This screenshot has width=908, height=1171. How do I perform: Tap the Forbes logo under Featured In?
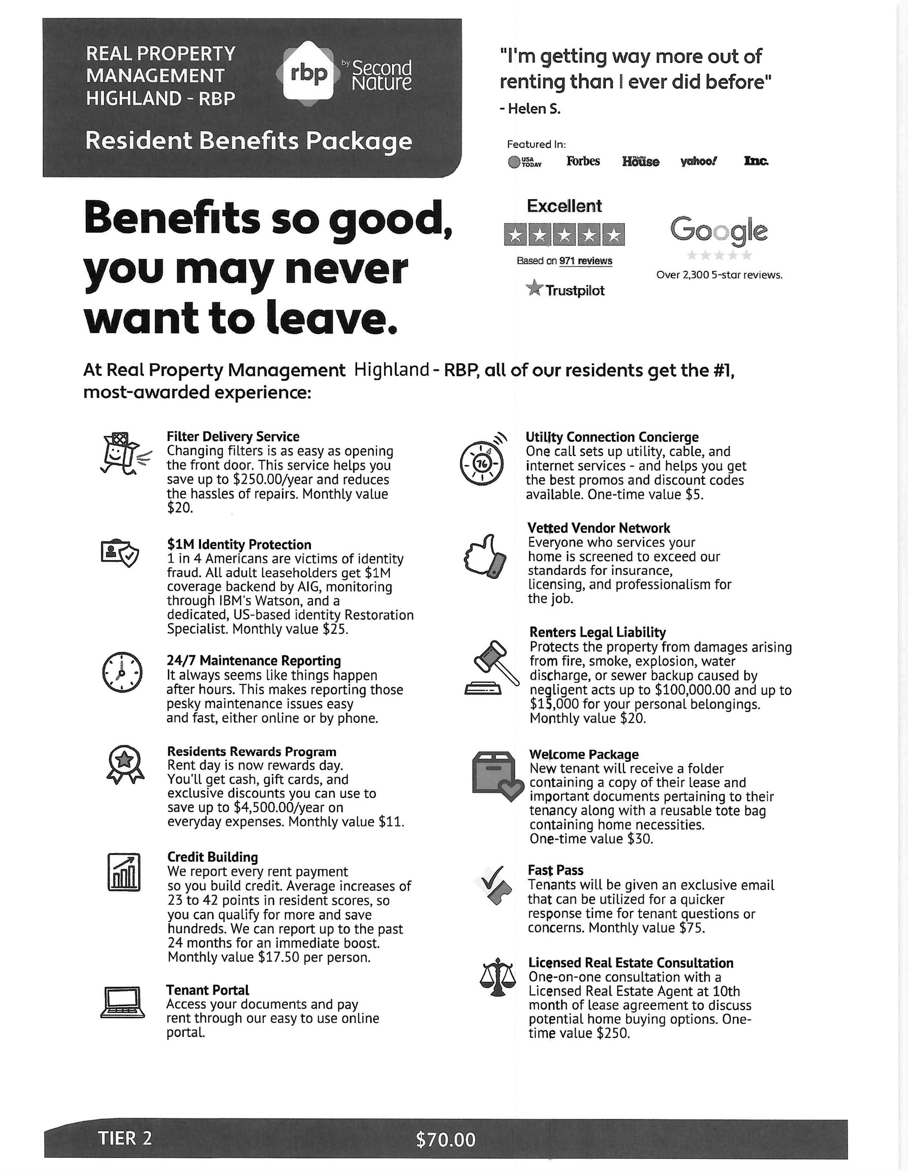coord(583,161)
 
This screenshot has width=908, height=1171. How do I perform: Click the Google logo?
coord(718,231)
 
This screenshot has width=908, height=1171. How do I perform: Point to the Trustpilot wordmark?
coord(574,291)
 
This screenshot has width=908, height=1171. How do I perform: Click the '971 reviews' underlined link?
coord(585,261)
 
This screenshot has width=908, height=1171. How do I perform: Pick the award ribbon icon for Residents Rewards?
coord(125,764)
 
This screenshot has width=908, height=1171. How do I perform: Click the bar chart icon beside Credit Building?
coord(124,872)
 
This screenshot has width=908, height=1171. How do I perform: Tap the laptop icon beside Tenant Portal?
coord(123,1002)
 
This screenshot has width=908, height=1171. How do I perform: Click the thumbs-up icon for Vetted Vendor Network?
coord(485,556)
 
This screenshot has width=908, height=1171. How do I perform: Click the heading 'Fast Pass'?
coord(555,870)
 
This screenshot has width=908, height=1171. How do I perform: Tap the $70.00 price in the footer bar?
coord(446,1139)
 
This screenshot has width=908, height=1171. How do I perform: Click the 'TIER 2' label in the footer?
coord(125,1138)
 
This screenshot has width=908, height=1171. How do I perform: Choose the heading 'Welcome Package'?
coord(584,754)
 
